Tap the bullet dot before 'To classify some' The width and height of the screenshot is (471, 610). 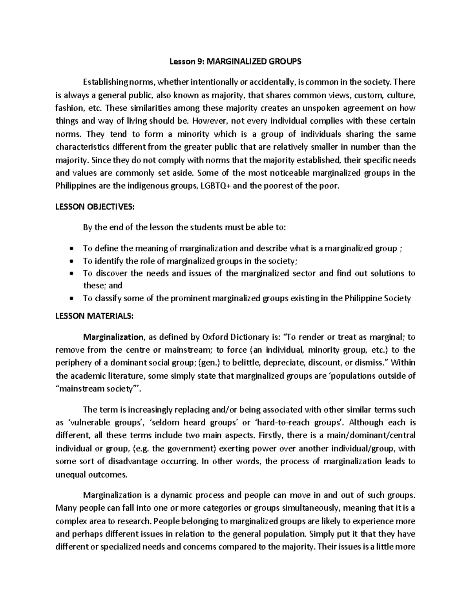pyautogui.click(x=71, y=299)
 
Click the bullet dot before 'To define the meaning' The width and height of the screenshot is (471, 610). pyautogui.click(x=71, y=249)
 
